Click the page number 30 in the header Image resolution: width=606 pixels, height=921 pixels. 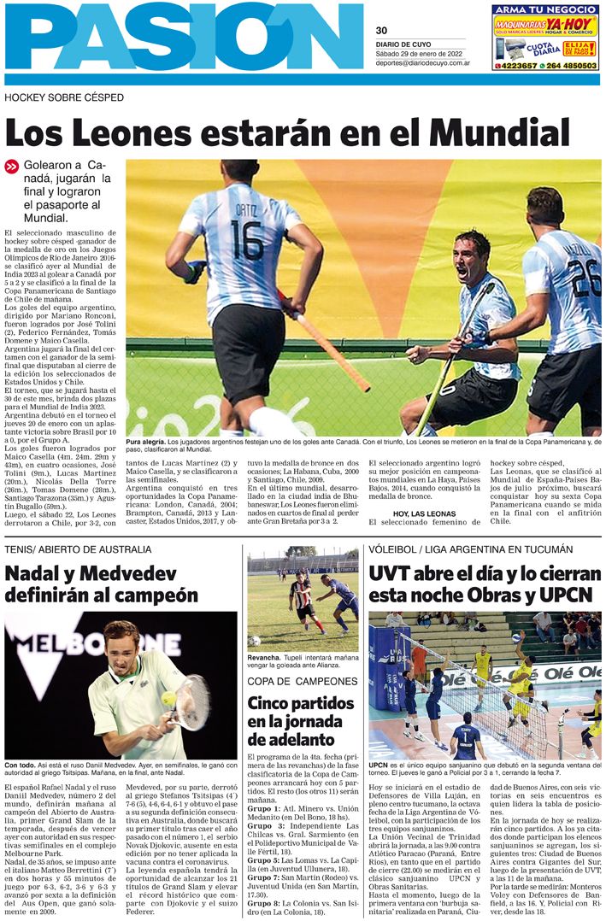click(x=381, y=30)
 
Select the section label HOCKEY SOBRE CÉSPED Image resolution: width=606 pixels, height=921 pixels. click(x=64, y=98)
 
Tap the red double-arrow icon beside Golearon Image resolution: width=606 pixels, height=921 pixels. click(x=11, y=167)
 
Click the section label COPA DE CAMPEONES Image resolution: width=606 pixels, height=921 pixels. click(x=302, y=681)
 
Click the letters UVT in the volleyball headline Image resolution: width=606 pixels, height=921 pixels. click(x=394, y=572)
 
